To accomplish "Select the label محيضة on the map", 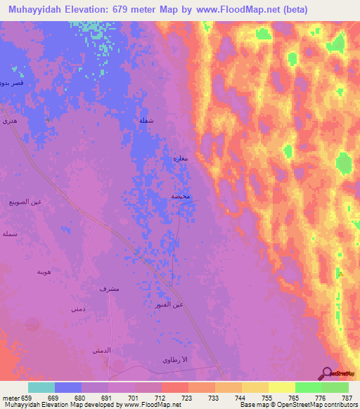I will (181, 196).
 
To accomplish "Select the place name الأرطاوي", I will (176, 360).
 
